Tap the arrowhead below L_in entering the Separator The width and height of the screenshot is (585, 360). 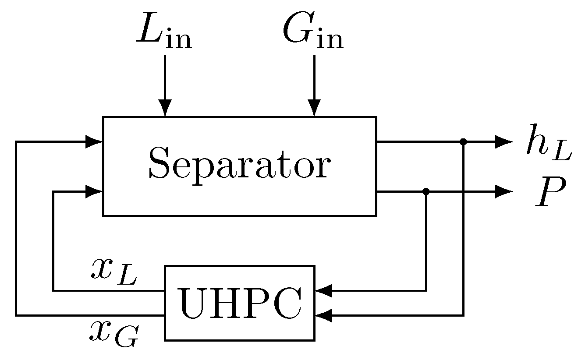coord(165,108)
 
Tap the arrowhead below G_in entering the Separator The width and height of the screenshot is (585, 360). coord(314,108)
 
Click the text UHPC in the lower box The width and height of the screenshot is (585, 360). coord(239,303)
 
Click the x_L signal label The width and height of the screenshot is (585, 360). coord(114,272)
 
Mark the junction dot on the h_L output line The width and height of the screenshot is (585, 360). coord(463,141)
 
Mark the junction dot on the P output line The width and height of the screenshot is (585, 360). coord(426,191)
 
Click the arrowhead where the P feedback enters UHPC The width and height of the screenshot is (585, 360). coord(323,290)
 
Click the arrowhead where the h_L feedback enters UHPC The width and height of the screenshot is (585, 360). coord(323,315)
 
